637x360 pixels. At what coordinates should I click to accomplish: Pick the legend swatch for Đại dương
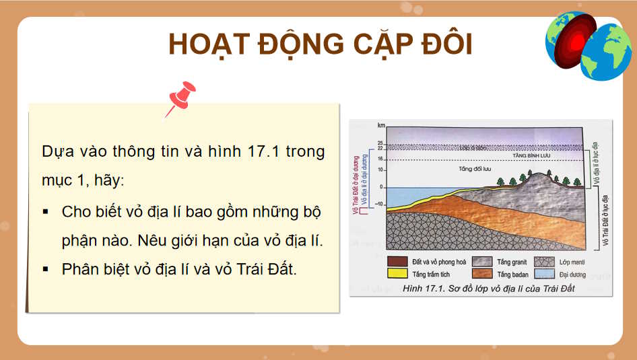[x=543, y=275]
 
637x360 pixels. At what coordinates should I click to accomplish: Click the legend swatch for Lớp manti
[x=543, y=262]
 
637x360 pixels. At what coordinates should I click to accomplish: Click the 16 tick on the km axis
[x=380, y=159]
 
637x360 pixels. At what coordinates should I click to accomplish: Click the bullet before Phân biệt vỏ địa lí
[x=46, y=268]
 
